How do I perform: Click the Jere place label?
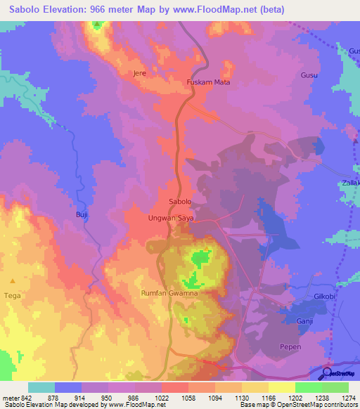[139, 73]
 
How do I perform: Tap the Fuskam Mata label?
[208, 82]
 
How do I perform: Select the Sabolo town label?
[181, 202]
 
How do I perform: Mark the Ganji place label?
[304, 320]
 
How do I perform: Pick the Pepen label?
[290, 347]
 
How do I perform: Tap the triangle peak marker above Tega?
[12, 280]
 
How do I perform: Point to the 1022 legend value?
[161, 398]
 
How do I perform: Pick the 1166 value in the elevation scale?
[269, 398]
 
